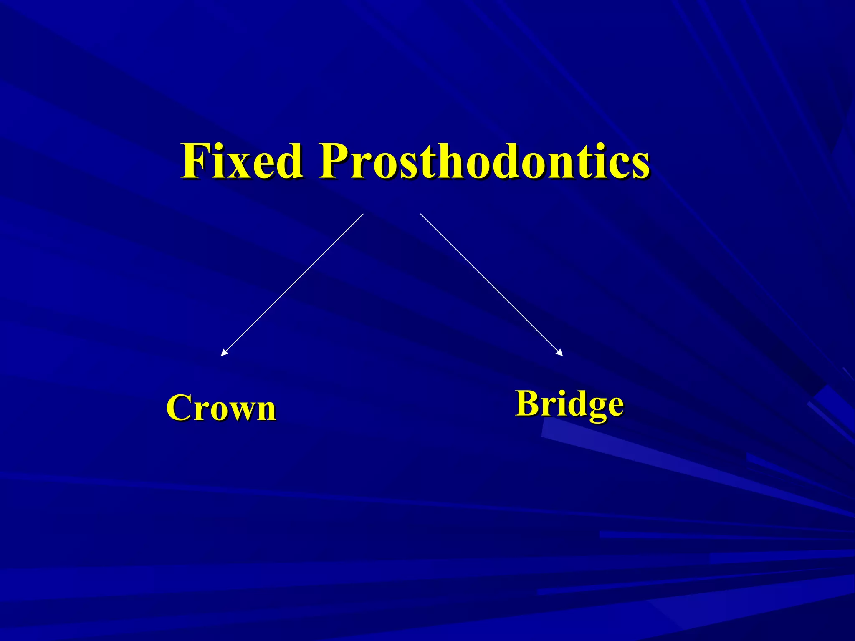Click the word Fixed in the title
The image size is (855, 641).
click(x=241, y=161)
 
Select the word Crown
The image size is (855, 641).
click(x=221, y=408)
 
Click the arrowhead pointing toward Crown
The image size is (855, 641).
click(x=223, y=353)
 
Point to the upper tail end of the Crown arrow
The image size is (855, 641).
click(x=363, y=214)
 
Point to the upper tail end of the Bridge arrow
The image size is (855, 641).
click(x=420, y=214)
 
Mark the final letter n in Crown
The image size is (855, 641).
click(x=265, y=411)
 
